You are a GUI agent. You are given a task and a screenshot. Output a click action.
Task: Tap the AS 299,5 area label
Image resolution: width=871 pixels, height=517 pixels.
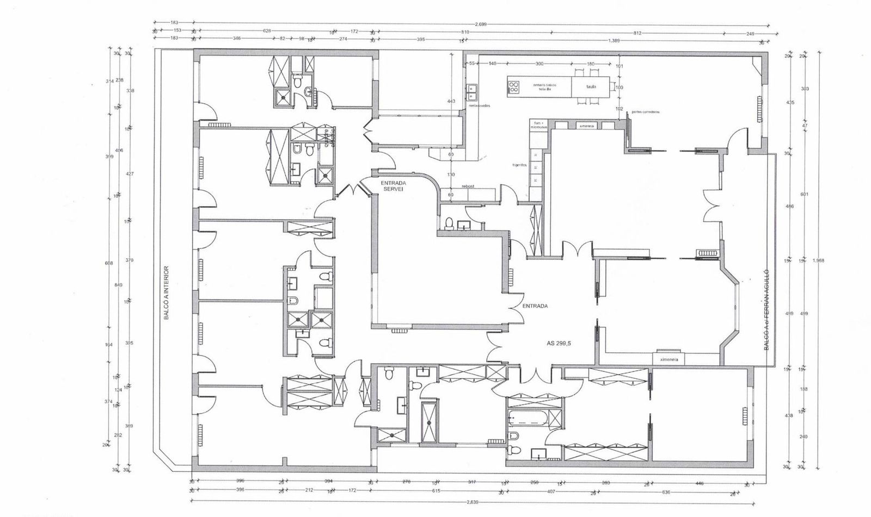point(561,344)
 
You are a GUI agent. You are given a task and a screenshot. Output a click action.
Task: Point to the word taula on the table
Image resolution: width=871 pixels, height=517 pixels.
point(591,86)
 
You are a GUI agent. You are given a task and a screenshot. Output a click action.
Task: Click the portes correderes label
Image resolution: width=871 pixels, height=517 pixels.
point(646,112)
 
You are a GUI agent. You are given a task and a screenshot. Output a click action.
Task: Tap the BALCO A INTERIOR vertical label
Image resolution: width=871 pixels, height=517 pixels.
point(167,292)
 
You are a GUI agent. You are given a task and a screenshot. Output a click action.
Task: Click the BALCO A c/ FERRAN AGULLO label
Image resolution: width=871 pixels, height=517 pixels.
point(766,308)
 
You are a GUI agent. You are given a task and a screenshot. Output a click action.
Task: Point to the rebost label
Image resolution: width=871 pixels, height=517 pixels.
point(468,186)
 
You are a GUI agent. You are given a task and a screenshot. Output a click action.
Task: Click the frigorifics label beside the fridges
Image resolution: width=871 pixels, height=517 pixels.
point(520,164)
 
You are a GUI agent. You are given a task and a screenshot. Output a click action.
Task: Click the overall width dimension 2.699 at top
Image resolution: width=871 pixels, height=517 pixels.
point(481,24)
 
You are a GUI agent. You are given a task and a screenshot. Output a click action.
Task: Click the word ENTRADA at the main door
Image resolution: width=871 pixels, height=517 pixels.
point(535,306)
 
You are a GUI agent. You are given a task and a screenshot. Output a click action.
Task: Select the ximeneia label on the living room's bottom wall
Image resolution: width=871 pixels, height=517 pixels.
point(668,359)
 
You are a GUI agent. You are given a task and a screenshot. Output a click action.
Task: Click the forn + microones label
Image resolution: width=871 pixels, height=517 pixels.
point(538,124)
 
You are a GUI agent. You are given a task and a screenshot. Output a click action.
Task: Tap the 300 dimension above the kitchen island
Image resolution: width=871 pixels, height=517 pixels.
point(539,64)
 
